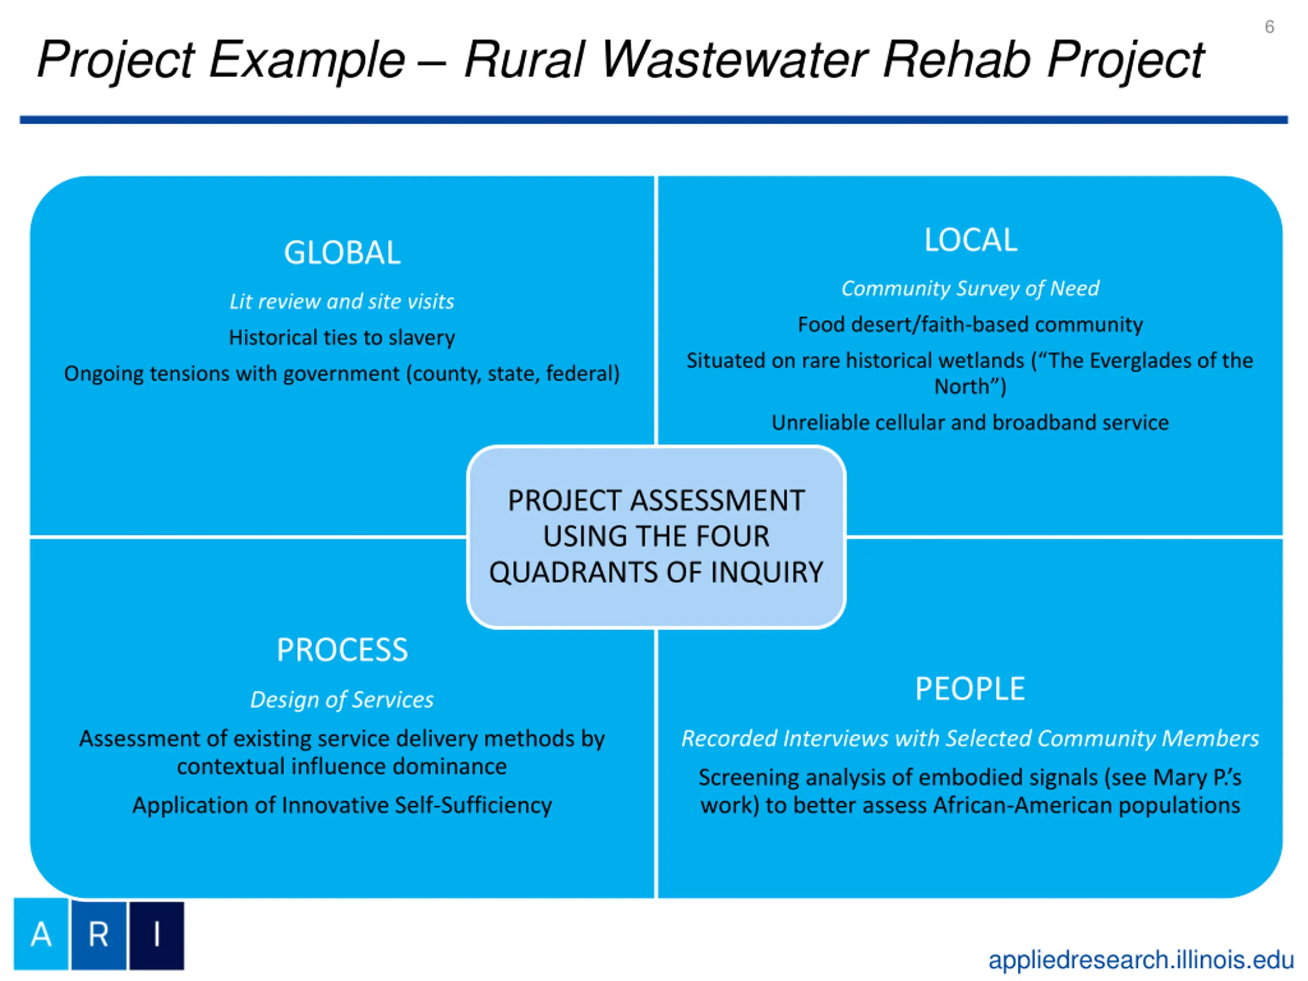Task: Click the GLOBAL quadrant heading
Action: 342,253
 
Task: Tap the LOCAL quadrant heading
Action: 970,240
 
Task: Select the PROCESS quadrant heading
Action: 342,650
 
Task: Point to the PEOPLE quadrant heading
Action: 970,689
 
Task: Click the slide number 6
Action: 1269,27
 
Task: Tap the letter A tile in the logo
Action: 41,935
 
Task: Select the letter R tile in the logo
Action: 99,935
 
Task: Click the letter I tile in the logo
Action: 157,935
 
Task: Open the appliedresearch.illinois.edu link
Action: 1140,959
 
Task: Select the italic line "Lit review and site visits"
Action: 342,301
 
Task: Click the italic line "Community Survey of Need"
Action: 970,289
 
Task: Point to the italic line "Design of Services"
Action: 342,699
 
